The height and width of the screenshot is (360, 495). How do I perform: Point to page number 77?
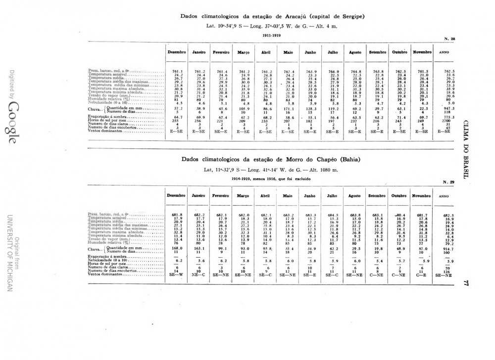coord(466,283)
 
